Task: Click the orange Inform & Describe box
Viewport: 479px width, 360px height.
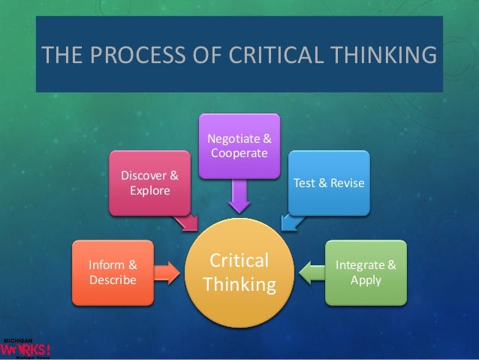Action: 113,272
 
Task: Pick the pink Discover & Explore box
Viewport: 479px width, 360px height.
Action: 149,183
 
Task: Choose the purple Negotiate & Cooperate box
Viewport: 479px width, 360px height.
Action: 239,146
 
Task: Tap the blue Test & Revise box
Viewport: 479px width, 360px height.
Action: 329,183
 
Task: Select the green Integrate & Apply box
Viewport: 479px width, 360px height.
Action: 366,272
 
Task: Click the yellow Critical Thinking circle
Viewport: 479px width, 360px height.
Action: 239,273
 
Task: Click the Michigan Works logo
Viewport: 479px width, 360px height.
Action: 26,347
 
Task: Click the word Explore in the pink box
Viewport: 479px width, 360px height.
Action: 150,190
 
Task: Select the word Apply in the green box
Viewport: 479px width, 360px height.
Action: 366,280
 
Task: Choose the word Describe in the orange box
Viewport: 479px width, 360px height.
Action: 113,280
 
